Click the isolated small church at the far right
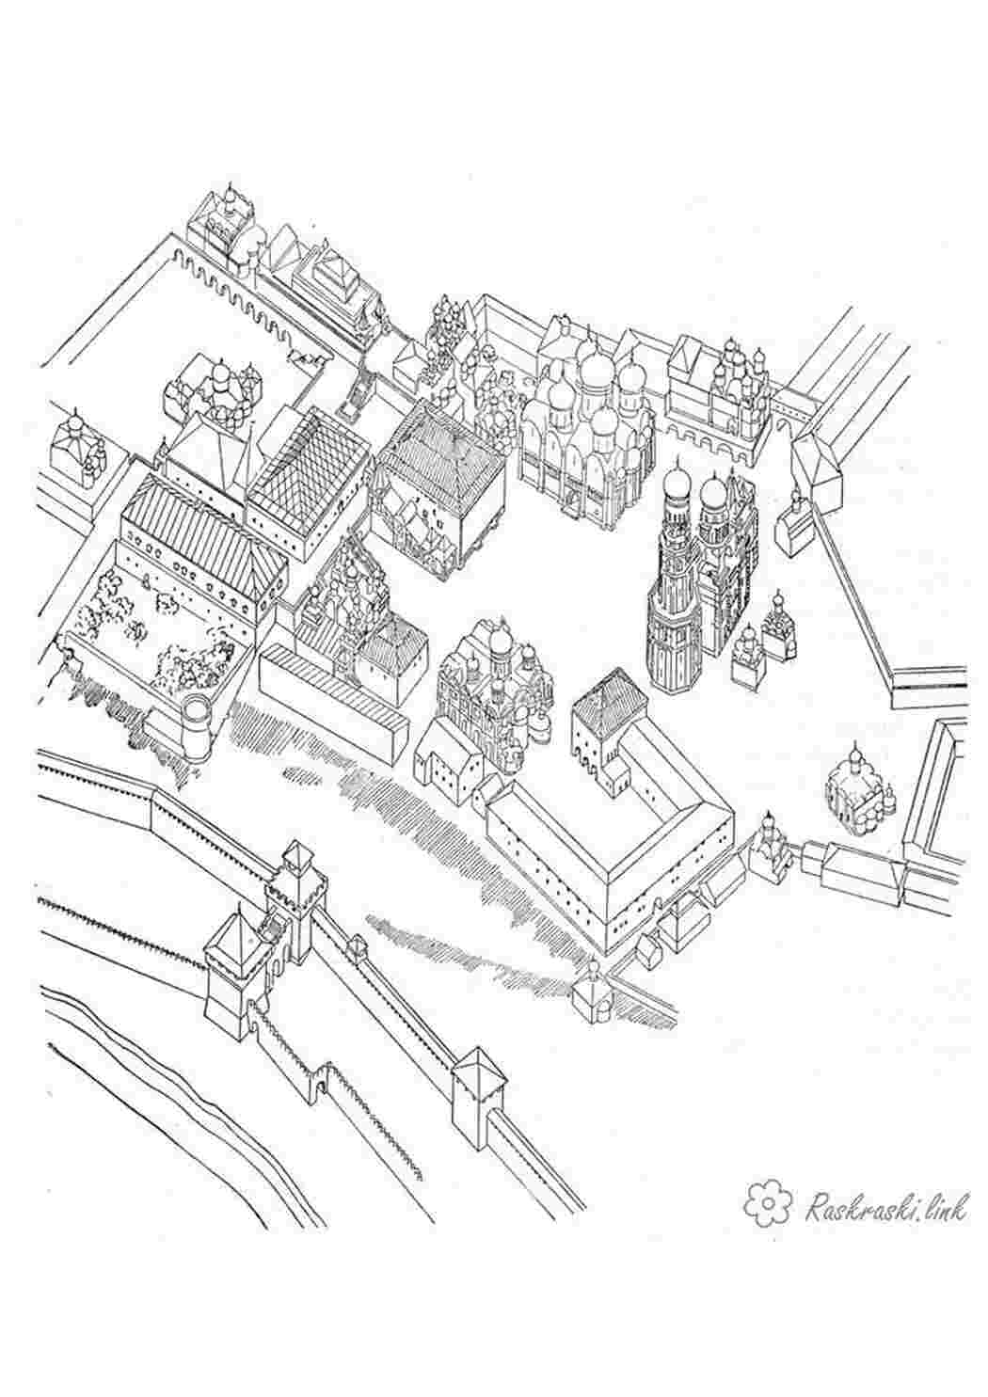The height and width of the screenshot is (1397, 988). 861,792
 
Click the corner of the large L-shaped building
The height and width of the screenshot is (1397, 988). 605,881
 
